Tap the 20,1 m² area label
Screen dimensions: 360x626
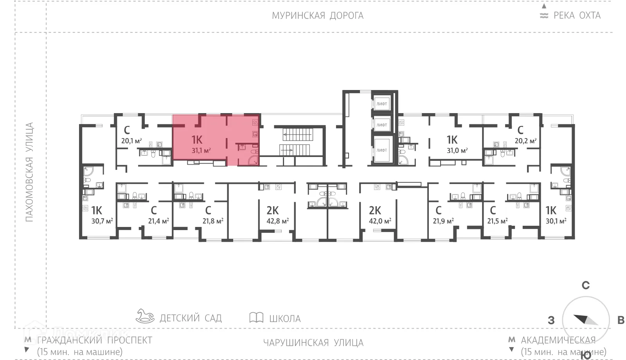[131, 141]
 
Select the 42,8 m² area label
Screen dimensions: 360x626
[278, 221]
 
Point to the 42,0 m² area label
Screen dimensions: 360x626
[380, 221]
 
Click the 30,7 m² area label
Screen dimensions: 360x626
[102, 221]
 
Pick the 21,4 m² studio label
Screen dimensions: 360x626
[158, 221]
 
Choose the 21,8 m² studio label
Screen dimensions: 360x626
[213, 221]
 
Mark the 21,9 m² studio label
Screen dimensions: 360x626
[443, 221]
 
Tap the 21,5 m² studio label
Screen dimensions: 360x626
[497, 221]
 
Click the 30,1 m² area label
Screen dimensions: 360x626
[556, 221]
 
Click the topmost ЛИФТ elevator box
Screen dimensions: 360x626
[382, 104]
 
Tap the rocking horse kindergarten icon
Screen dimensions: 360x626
[145, 316]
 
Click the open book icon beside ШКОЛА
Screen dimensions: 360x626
[256, 317]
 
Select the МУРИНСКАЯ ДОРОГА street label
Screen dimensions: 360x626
[318, 16]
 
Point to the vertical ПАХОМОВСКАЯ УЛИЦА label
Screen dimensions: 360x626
[29, 172]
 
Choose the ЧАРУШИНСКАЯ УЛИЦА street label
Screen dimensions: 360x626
[313, 343]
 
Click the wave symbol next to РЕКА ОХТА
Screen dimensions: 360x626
[544, 16]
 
